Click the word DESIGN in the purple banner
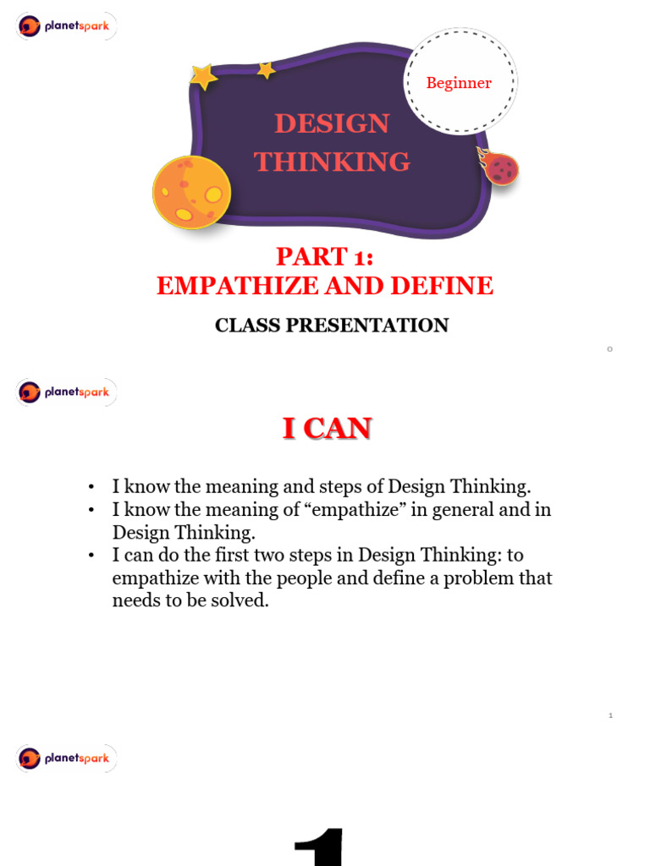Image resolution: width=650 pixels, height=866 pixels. point(332,123)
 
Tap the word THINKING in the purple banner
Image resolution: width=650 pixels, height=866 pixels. point(332,161)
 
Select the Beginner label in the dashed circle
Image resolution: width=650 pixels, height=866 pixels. point(459,83)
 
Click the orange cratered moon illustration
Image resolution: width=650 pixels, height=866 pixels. point(191,192)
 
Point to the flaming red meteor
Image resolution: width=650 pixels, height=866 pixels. point(500,167)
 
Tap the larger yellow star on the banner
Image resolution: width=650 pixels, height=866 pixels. point(203,77)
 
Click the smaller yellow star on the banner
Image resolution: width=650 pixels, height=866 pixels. point(266,71)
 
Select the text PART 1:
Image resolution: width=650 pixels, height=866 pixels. point(325,256)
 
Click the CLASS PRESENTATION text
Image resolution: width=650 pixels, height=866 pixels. point(332,326)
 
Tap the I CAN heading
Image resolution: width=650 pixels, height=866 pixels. point(327,429)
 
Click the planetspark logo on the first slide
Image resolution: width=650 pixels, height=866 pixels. point(65,27)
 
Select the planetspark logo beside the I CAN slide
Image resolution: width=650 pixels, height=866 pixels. point(65,392)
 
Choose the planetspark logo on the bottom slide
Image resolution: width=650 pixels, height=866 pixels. point(65,759)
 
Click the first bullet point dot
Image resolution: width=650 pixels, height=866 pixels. point(91,487)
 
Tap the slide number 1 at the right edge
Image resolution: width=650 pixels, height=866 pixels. point(609,716)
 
